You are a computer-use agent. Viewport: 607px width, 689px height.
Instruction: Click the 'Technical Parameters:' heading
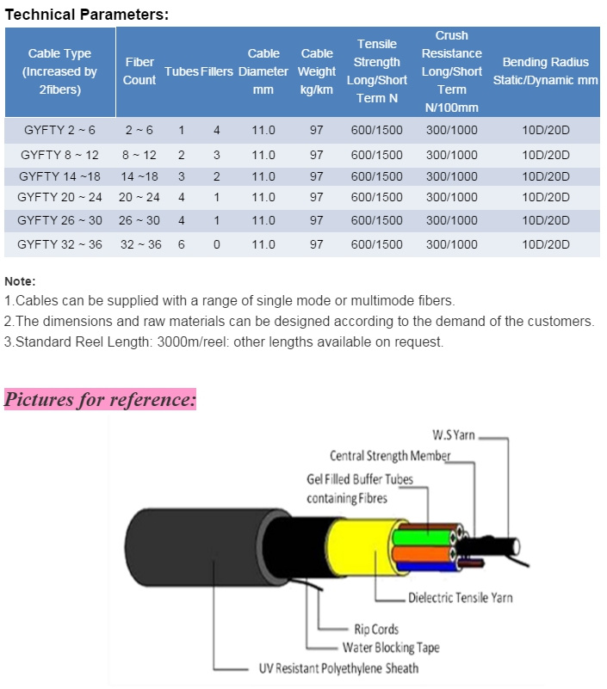(87, 15)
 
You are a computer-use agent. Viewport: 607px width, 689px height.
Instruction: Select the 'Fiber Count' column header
(139, 71)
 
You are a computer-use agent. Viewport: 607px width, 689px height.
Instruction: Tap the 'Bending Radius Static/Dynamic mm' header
(545, 71)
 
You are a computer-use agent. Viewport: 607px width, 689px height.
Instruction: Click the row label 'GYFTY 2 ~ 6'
(59, 130)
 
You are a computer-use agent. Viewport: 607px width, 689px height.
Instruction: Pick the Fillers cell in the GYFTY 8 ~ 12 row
(216, 155)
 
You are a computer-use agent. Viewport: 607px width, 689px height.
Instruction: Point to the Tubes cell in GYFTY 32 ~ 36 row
(181, 244)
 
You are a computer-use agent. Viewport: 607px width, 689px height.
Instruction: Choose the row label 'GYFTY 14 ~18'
(59, 176)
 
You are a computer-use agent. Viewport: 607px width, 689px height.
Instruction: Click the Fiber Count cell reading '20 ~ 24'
(139, 197)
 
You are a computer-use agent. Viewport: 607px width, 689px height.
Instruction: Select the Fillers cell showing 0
(216, 244)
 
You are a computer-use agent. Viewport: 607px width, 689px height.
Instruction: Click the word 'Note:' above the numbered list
(20, 281)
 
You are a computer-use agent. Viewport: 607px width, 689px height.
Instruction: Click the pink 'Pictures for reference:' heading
(100, 399)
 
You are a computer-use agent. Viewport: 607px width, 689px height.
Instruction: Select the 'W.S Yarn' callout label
(454, 435)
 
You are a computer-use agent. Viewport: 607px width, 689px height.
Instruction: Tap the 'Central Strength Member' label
(390, 456)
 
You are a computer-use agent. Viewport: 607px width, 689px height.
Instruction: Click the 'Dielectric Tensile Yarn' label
(461, 598)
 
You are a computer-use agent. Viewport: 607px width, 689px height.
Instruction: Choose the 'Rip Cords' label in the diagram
(376, 630)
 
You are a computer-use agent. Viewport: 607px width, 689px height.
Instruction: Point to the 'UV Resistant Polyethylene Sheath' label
(338, 668)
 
